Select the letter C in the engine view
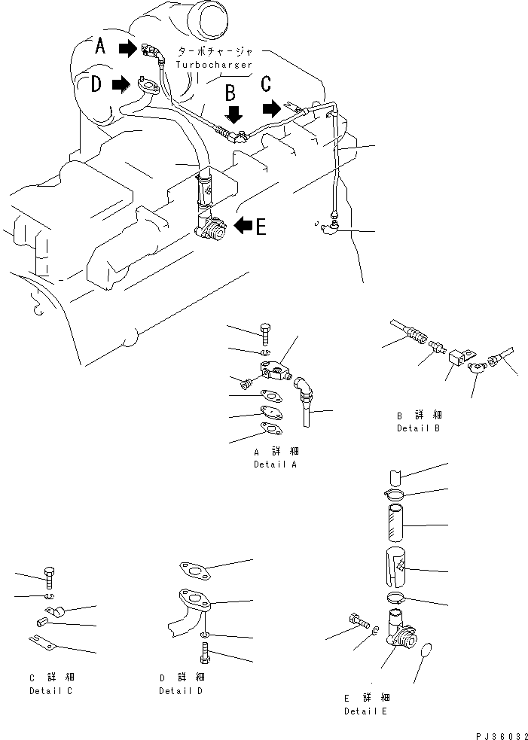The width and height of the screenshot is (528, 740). point(266,83)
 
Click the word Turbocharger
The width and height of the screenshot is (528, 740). point(214,65)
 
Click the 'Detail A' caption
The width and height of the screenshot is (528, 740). point(276,465)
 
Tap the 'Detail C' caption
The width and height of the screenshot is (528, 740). point(52,690)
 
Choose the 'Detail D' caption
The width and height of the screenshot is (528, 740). point(180,690)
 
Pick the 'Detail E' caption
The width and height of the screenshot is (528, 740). point(366,711)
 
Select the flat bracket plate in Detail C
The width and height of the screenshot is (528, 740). point(44,641)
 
